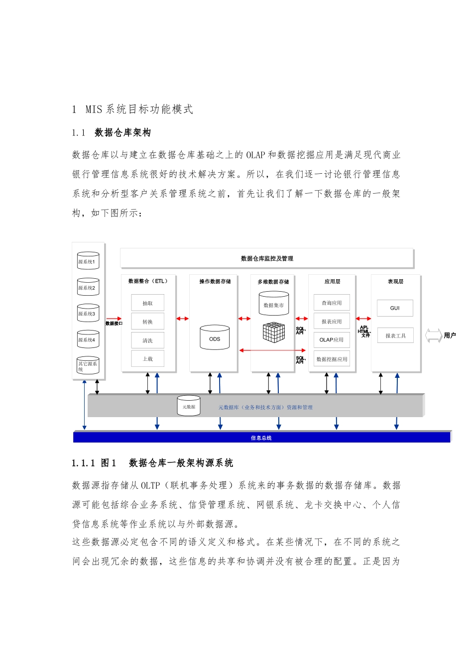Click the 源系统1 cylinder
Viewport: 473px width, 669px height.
pyautogui.click(x=88, y=261)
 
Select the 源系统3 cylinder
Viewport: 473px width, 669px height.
pyautogui.click(x=88, y=314)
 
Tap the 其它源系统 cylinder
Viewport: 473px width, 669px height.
pyautogui.click(x=88, y=366)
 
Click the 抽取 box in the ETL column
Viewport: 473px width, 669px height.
pyautogui.click(x=148, y=303)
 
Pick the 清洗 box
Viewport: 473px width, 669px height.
pyautogui.click(x=148, y=340)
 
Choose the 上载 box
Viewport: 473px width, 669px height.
pyautogui.click(x=148, y=359)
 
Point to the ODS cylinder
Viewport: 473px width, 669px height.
pyautogui.click(x=215, y=338)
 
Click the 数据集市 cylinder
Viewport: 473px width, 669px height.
pyautogui.click(x=273, y=305)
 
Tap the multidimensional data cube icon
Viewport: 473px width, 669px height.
pyautogui.click(x=274, y=333)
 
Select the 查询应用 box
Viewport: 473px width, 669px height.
pyautogui.click(x=332, y=303)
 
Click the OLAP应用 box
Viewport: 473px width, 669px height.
pyautogui.click(x=332, y=340)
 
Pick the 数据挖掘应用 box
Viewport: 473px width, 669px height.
pyautogui.click(x=332, y=359)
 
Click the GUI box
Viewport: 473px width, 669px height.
pyautogui.click(x=395, y=308)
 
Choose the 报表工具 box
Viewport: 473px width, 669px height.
pyautogui.click(x=395, y=336)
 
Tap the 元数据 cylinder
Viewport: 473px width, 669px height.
pyautogui.click(x=189, y=407)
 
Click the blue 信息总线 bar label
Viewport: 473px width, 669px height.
pyautogui.click(x=261, y=438)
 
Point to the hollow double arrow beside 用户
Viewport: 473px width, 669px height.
pyautogui.click(x=433, y=335)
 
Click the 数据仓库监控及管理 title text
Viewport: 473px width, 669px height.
pyautogui.click(x=267, y=259)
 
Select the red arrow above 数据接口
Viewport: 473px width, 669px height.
pyautogui.click(x=114, y=318)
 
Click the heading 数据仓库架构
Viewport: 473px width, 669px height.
pyautogui.click(x=122, y=133)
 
